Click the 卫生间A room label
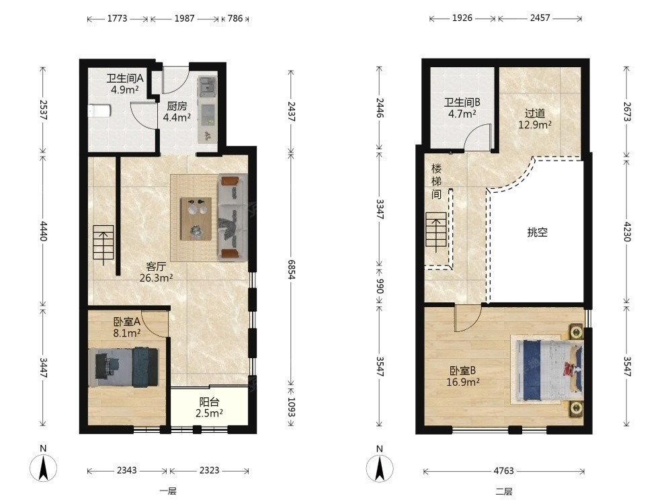(125, 79)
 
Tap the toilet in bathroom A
(99, 111)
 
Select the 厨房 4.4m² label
(177, 112)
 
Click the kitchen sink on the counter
(207, 85)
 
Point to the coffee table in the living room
(196, 218)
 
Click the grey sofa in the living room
(233, 217)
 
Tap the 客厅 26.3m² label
(156, 272)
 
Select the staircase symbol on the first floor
(103, 242)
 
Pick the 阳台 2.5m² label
(209, 408)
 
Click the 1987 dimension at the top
(184, 18)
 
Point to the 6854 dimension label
(292, 269)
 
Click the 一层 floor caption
(168, 491)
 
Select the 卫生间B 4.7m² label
(462, 108)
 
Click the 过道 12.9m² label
(535, 119)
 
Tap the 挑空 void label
(538, 233)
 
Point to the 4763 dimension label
(503, 471)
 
